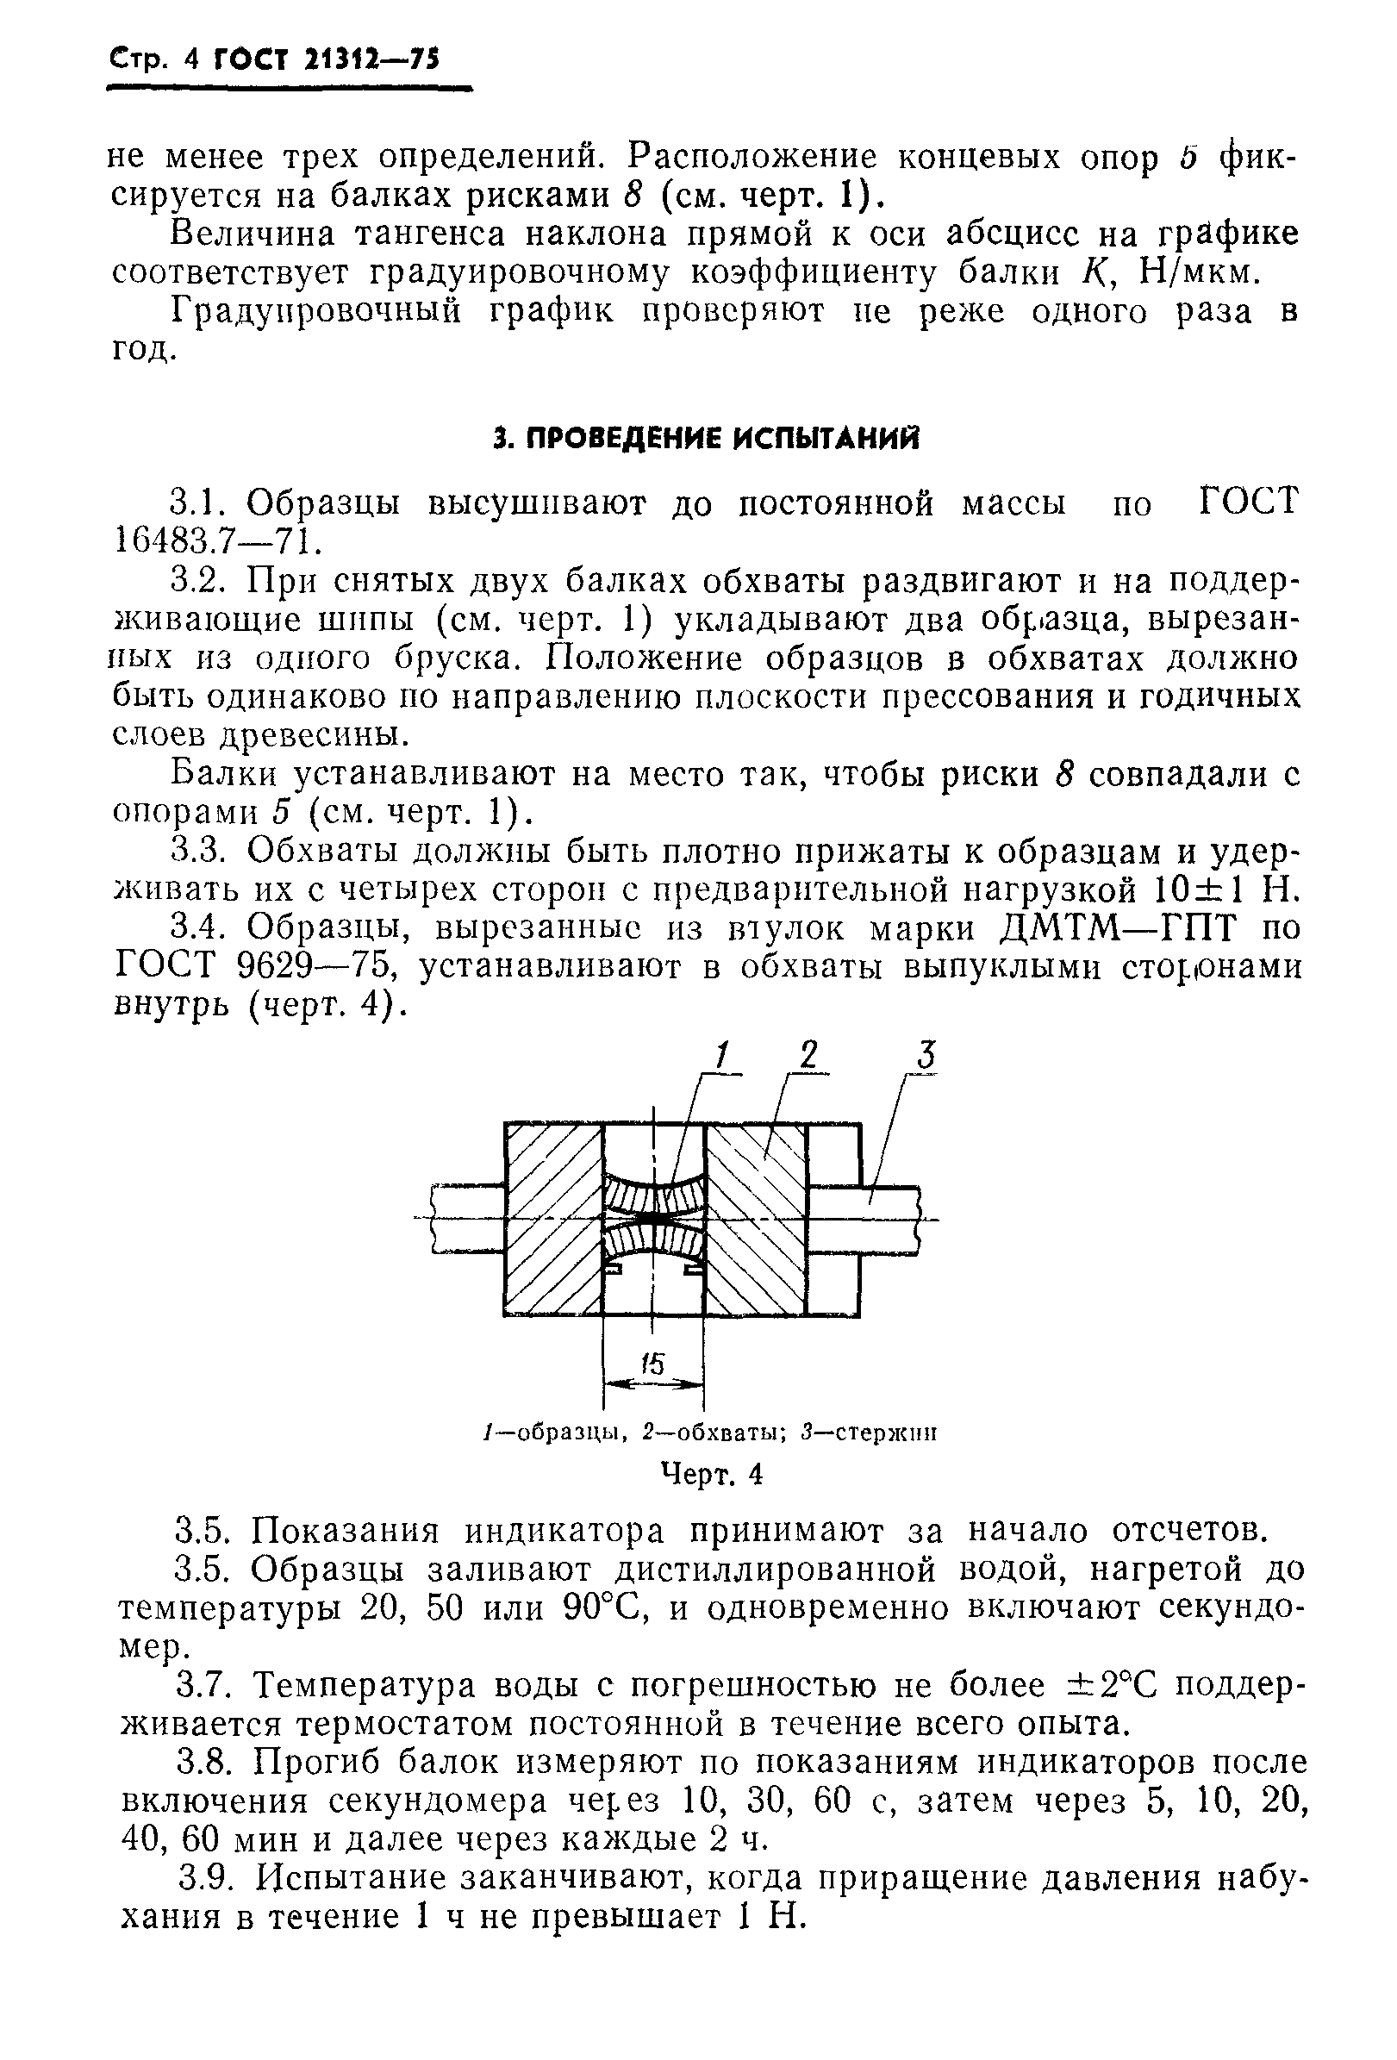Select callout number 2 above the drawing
click(808, 1055)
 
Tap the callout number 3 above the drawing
click(925, 1055)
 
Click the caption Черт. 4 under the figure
click(713, 1473)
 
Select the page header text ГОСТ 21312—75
click(327, 59)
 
